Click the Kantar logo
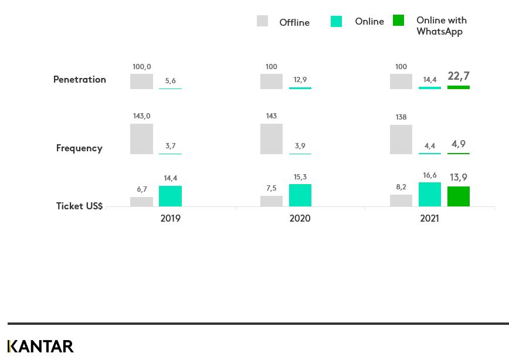coord(40,347)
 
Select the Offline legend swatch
coord(262,21)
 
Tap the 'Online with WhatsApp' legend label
coord(441,26)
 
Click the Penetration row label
coord(80,80)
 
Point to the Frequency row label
coord(79,148)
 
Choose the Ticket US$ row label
coord(79,206)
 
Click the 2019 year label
coord(170,218)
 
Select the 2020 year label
coord(300,218)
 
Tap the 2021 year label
coord(429,218)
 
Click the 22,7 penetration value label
coord(458,76)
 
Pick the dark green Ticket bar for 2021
coord(458,196)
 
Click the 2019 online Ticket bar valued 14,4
coord(170,196)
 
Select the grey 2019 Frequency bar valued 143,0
coord(141,139)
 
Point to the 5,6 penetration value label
coord(170,81)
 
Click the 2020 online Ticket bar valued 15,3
coord(300,195)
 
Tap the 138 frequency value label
coord(401,117)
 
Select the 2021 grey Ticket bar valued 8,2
coord(401,201)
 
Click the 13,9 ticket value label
coord(458,178)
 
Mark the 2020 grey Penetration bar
coord(271,81)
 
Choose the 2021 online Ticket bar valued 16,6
coord(429,194)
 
